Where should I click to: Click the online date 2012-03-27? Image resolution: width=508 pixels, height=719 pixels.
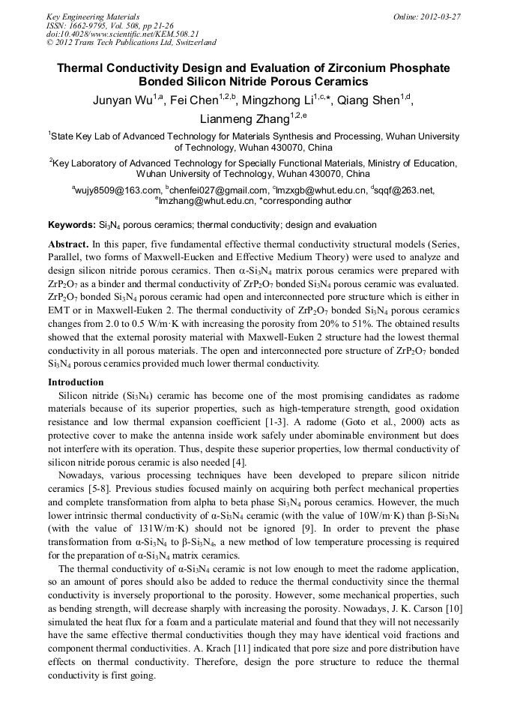[441, 16]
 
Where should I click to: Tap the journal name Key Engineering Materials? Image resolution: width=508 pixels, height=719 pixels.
[93, 16]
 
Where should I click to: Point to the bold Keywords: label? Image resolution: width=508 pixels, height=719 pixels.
[72, 225]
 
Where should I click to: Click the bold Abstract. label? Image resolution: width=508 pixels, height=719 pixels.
[68, 245]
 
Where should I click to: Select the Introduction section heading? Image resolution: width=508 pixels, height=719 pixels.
[76, 382]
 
